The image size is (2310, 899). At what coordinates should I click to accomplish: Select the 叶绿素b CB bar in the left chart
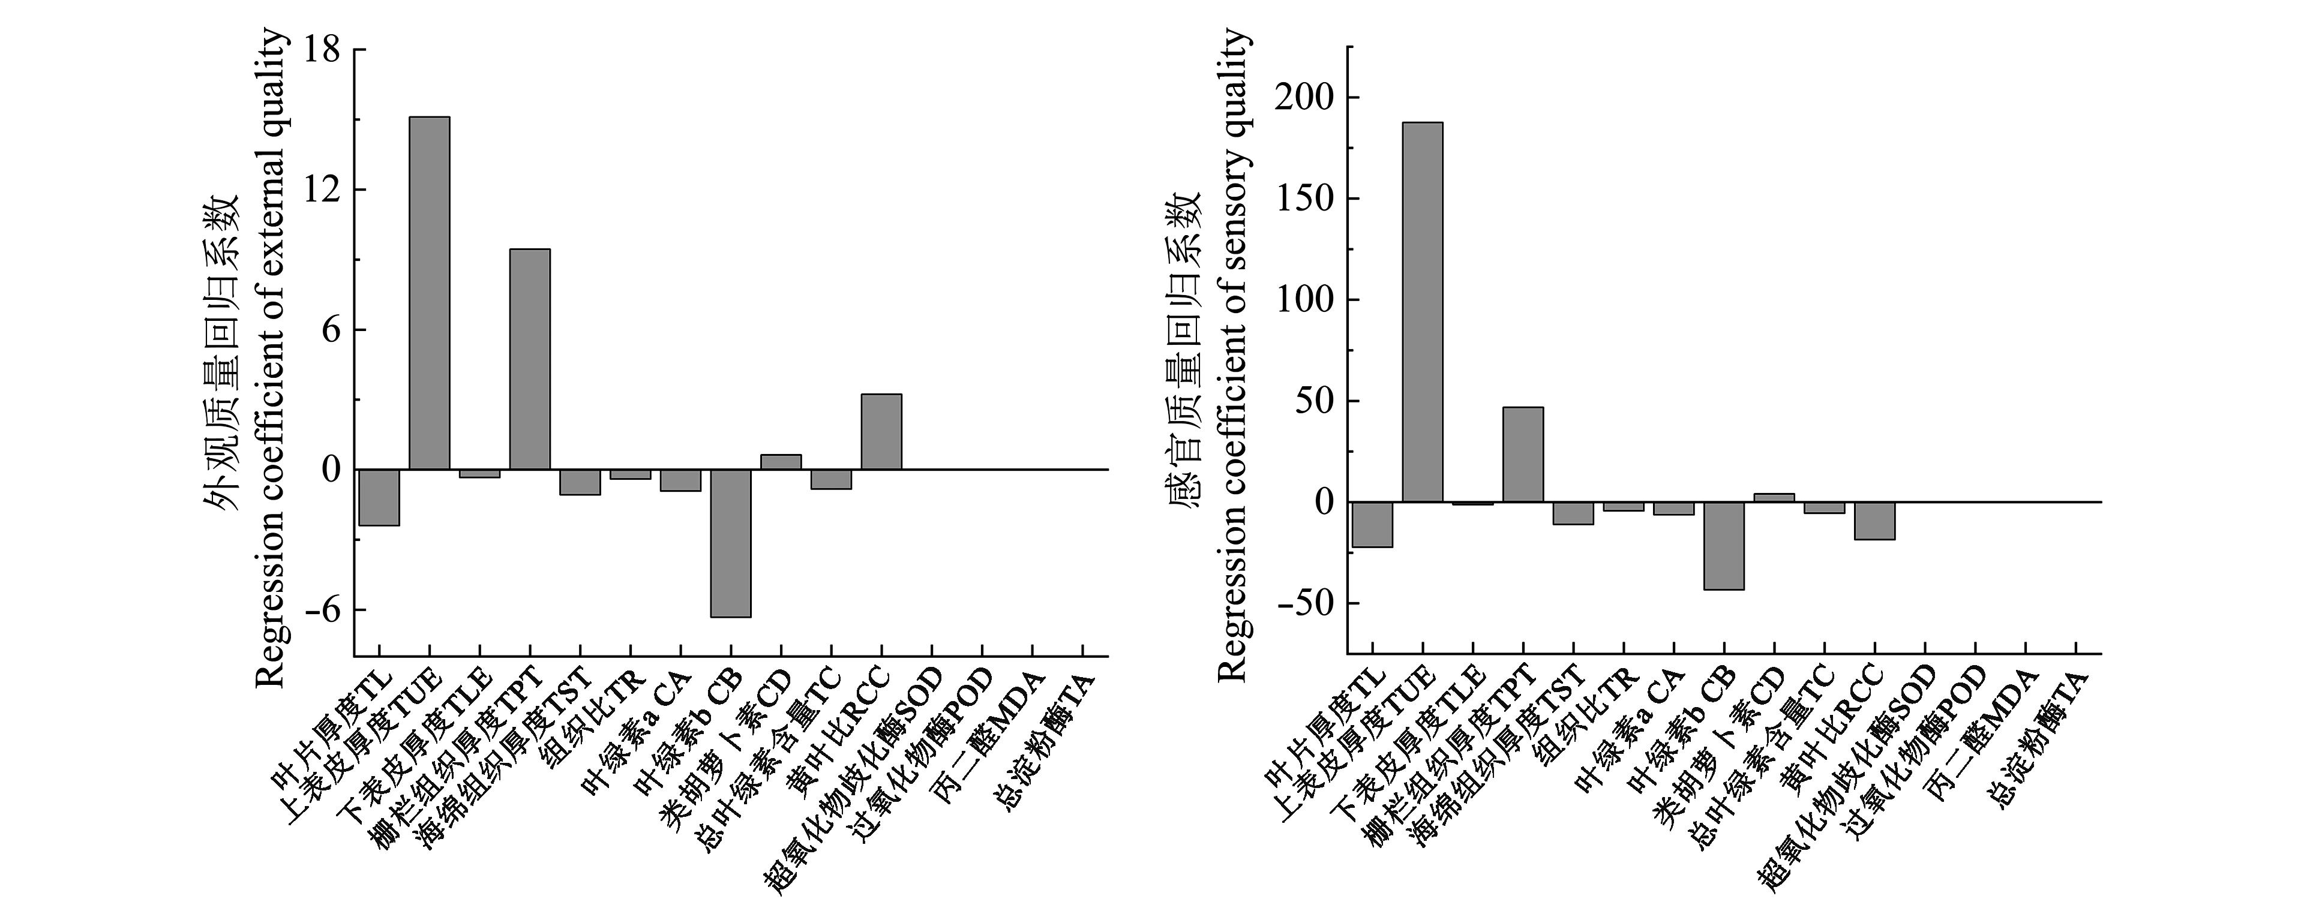(731, 543)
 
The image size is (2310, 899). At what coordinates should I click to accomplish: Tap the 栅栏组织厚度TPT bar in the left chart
(530, 359)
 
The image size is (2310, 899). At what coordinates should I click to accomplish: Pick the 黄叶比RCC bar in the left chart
(881, 431)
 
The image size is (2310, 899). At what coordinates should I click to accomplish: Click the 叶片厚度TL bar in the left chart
(379, 497)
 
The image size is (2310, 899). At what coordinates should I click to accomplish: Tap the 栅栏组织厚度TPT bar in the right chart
(1523, 455)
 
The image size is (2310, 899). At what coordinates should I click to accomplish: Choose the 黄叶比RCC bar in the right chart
(1874, 521)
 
